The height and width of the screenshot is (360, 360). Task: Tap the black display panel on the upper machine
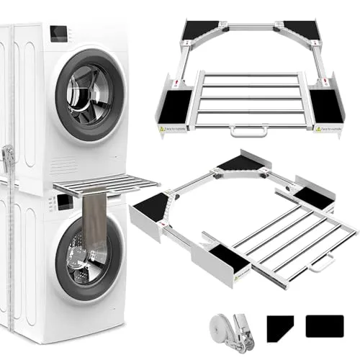pos(59,34)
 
